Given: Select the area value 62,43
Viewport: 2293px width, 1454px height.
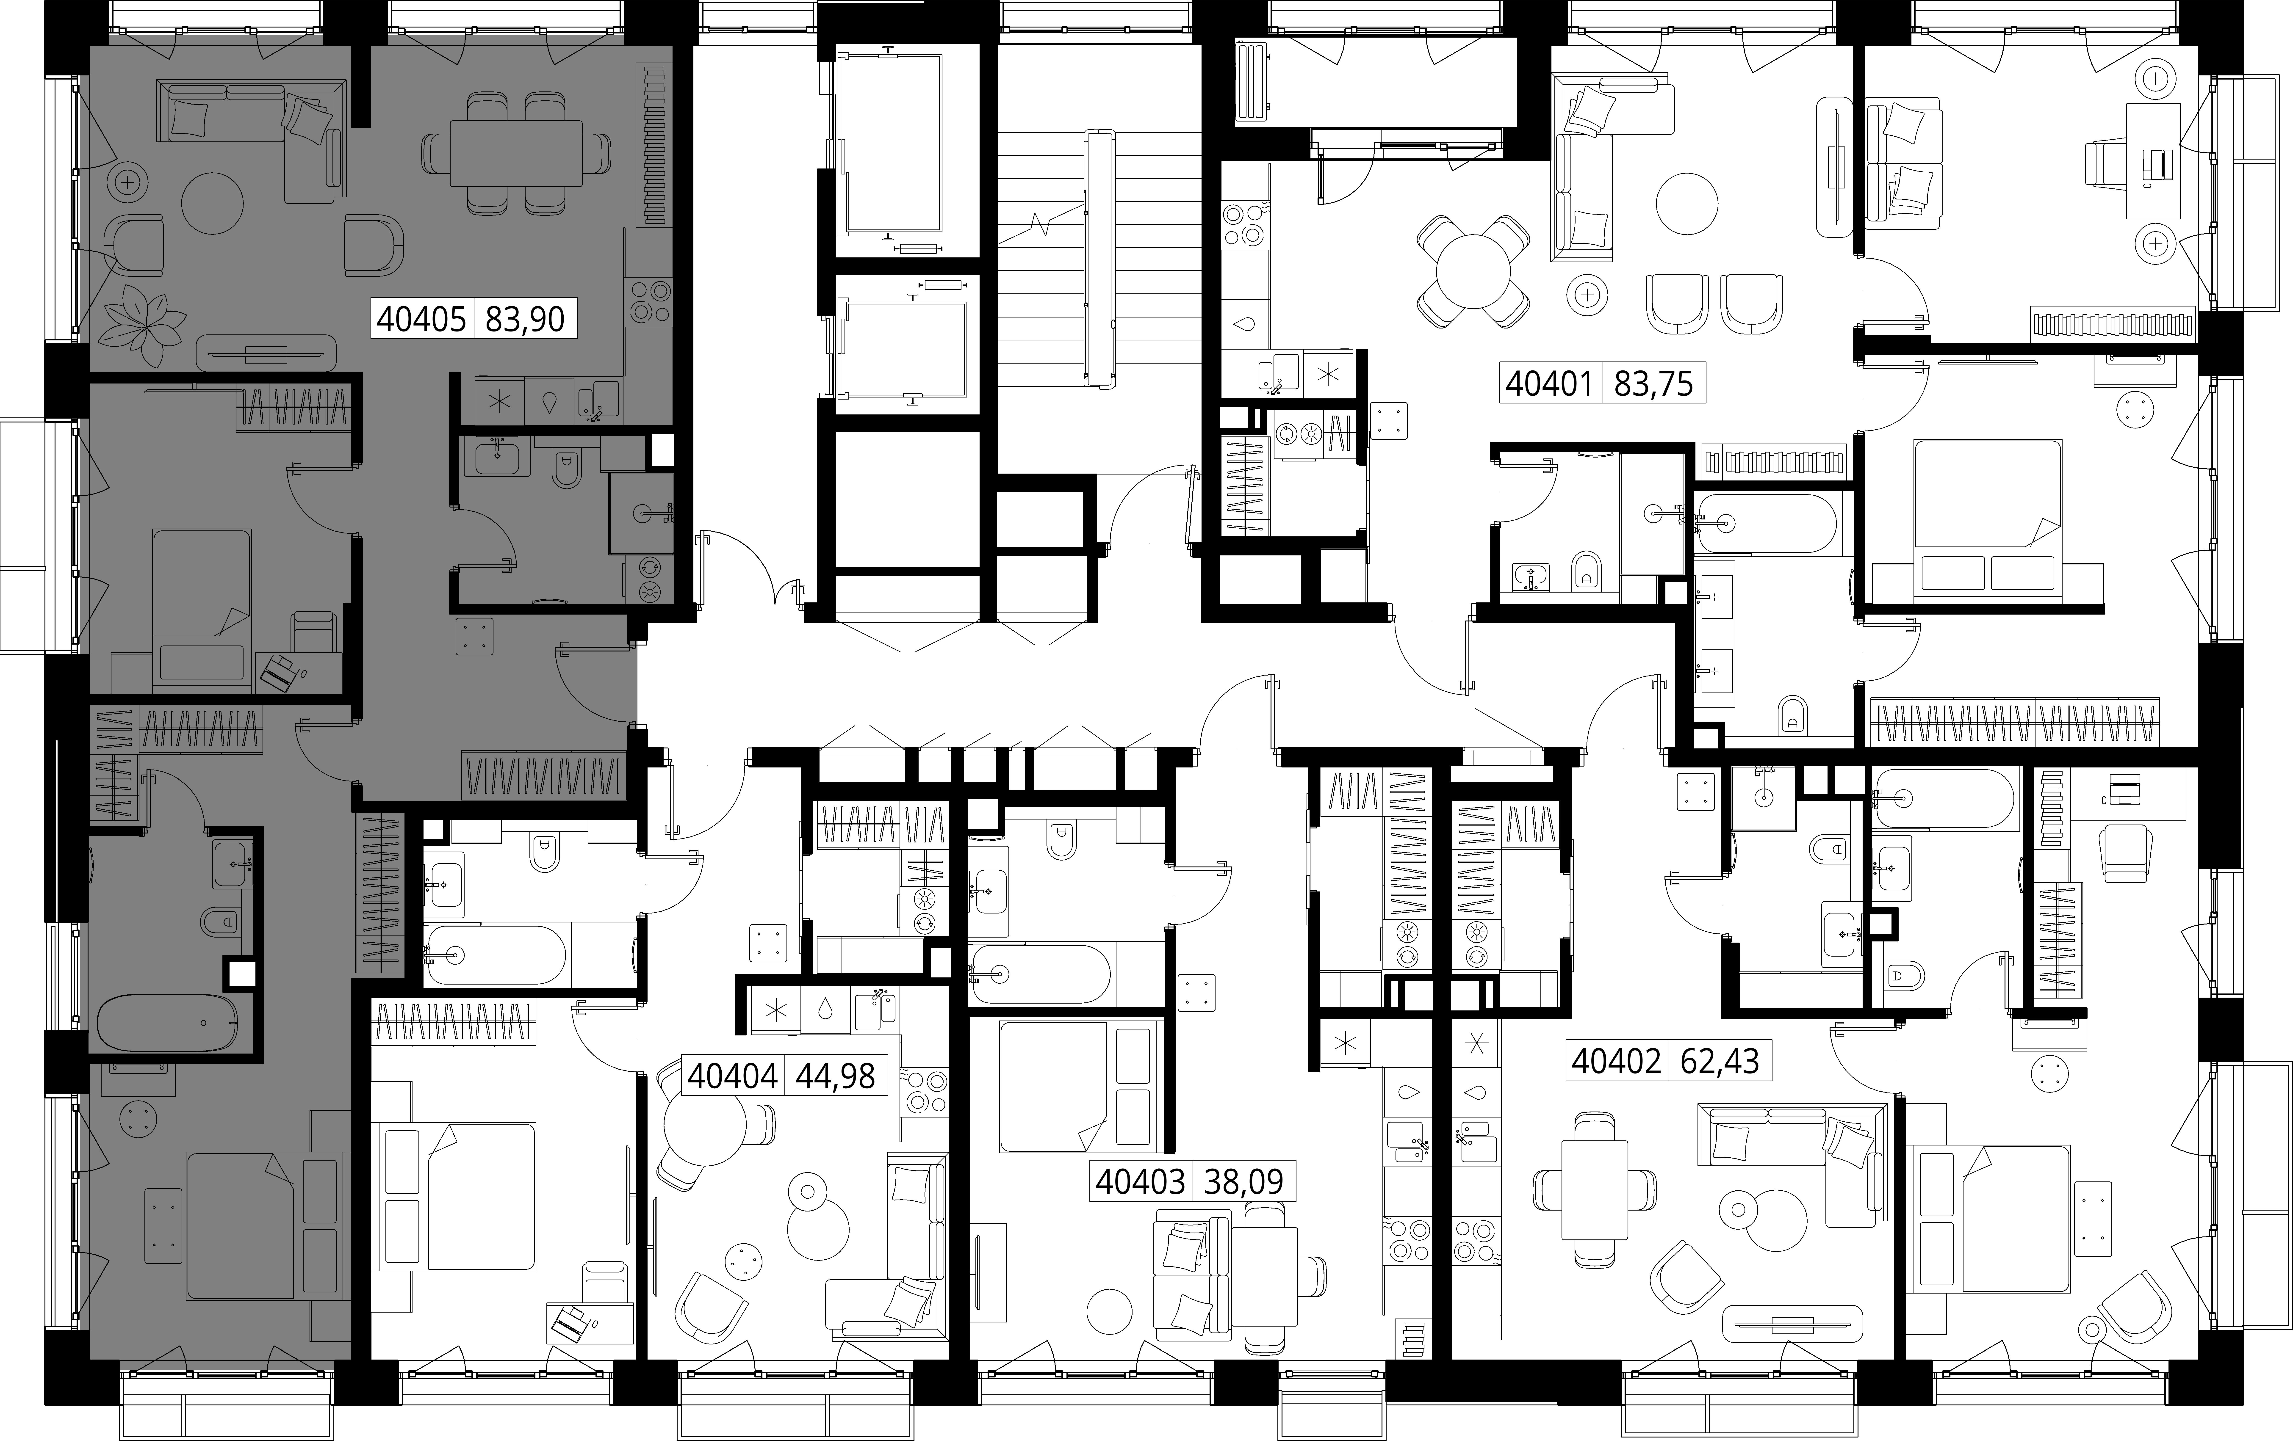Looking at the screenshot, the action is pyautogui.click(x=1720, y=1060).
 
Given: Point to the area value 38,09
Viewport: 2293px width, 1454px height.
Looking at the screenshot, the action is pyautogui.click(x=1244, y=1182).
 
